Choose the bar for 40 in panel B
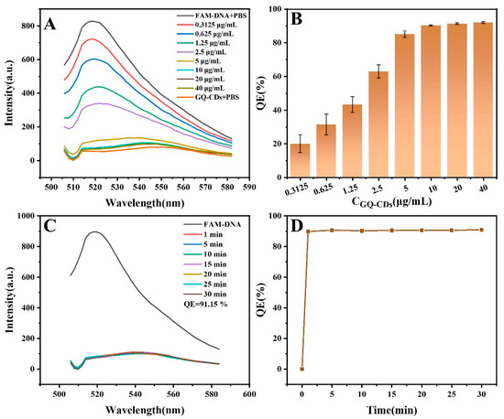(x=482, y=101)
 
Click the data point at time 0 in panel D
(x=301, y=369)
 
